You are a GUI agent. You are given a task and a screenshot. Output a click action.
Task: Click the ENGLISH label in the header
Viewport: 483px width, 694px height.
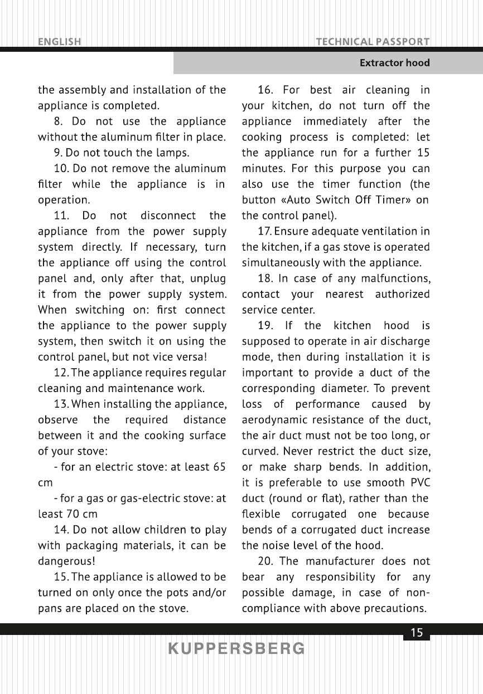click(x=60, y=41)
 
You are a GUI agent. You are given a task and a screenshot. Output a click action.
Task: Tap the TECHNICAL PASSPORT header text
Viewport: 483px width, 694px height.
click(x=372, y=41)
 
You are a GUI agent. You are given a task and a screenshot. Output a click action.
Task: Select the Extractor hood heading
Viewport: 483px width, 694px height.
click(x=394, y=63)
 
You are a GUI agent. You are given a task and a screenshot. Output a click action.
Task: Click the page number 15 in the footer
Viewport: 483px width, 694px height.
click(x=417, y=633)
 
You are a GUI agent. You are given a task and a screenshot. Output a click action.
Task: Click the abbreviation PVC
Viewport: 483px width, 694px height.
click(x=418, y=483)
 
